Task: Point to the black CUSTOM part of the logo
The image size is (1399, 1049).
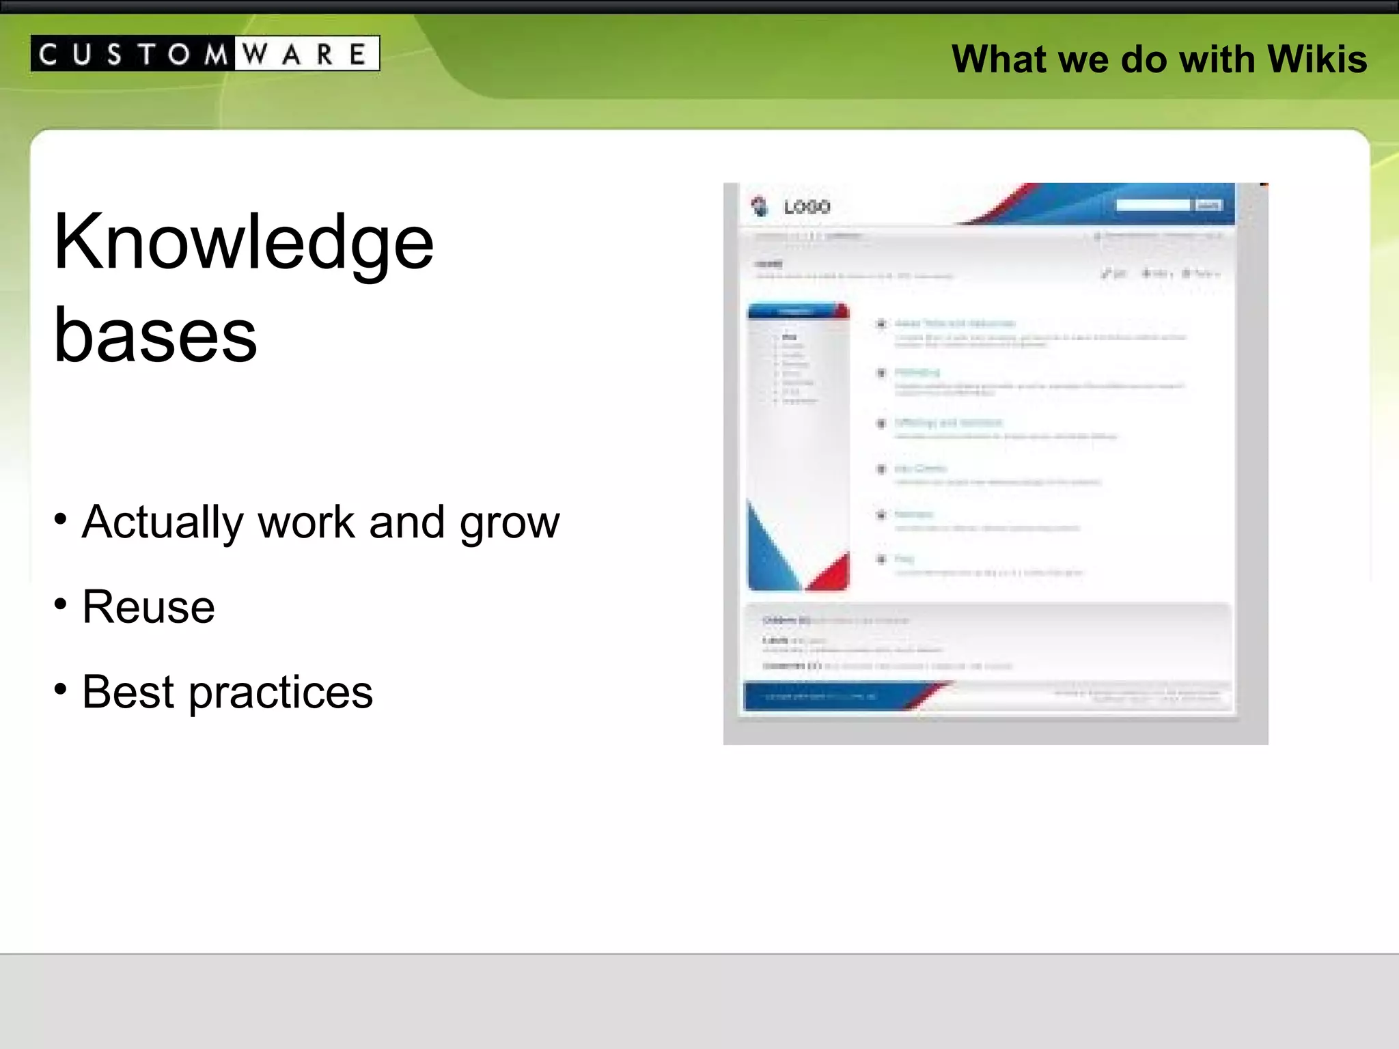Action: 133,54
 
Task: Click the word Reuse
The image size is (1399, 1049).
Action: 148,606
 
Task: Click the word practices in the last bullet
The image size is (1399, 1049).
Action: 281,693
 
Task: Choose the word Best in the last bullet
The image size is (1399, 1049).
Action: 128,691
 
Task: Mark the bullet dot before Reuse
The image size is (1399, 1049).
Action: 61,604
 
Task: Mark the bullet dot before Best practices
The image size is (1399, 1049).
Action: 61,688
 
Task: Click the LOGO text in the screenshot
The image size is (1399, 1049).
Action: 807,207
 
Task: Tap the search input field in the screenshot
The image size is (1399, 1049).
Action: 1153,205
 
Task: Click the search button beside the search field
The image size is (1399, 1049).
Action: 1208,205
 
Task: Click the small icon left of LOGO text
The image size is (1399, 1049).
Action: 760,206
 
